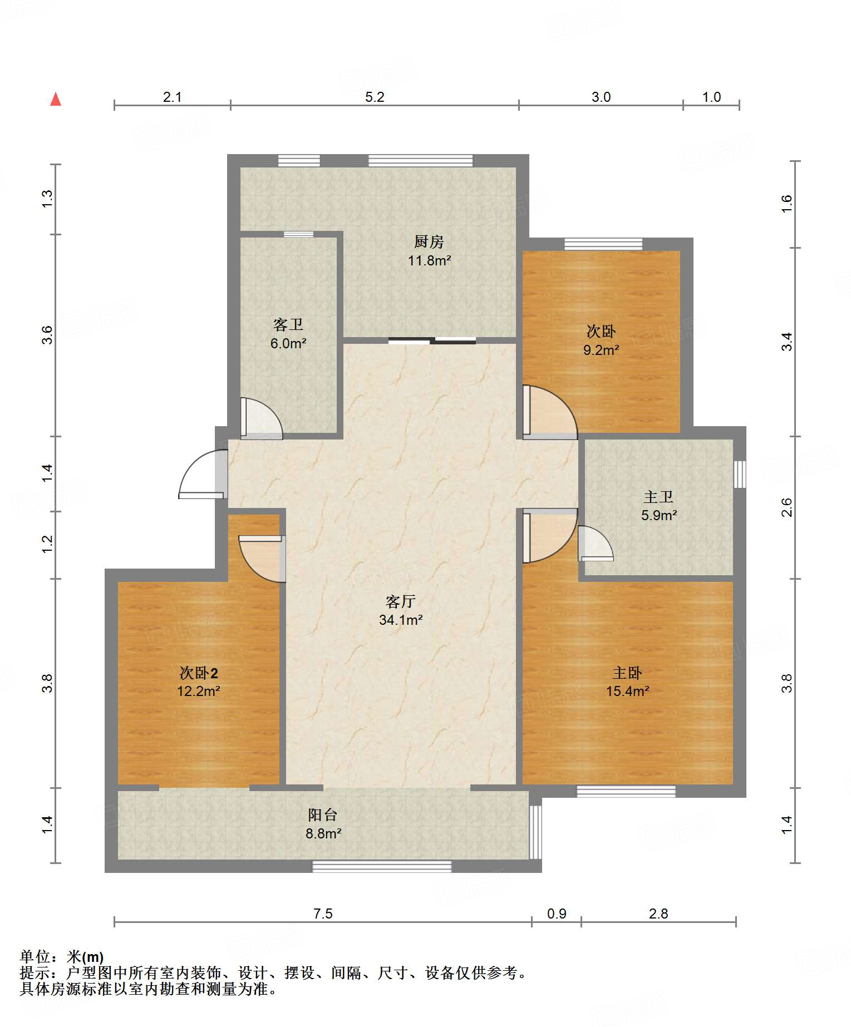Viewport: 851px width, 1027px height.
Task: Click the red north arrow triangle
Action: (x=56, y=99)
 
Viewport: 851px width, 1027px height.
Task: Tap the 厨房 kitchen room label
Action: (x=429, y=241)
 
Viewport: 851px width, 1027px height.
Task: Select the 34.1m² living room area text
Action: (x=401, y=620)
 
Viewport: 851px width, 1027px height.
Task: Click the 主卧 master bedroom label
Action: (x=627, y=673)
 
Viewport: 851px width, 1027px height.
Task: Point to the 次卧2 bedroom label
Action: (x=199, y=673)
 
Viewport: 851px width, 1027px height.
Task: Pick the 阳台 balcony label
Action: (x=323, y=815)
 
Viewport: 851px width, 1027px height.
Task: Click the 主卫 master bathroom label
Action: (x=658, y=497)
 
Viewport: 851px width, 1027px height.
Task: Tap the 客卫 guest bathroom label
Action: (x=288, y=325)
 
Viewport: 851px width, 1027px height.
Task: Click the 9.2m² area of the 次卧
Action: (x=601, y=350)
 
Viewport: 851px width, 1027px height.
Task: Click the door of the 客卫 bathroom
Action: (x=261, y=418)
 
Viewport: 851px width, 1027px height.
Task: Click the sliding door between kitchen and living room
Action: (x=432, y=340)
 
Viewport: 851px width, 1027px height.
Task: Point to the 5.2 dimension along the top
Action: (x=375, y=97)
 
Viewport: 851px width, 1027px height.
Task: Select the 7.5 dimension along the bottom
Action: (x=323, y=914)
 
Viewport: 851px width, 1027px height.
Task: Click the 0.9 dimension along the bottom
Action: (x=557, y=914)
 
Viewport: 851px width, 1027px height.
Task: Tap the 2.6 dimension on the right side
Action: (x=786, y=507)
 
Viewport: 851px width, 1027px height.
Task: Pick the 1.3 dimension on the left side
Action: (x=47, y=199)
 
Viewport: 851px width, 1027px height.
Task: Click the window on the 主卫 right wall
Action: (x=740, y=474)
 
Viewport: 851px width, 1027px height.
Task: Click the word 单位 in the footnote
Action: (x=35, y=957)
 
